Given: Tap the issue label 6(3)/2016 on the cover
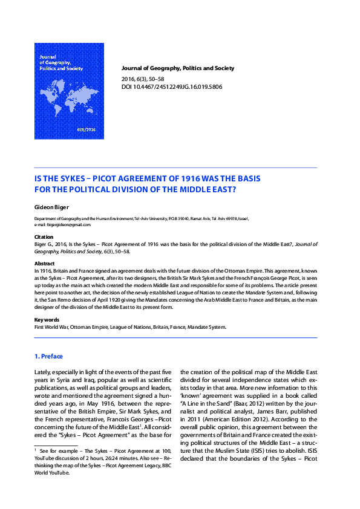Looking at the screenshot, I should click(x=87, y=130).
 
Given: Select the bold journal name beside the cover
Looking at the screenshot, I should click(x=178, y=68).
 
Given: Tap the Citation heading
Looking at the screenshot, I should click(x=44, y=237).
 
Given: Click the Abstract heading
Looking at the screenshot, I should click(x=45, y=264).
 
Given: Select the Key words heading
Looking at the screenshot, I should click(x=47, y=319).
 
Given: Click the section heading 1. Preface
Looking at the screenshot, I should click(x=48, y=356).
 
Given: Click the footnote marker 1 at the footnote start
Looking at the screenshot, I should click(x=36, y=450).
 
